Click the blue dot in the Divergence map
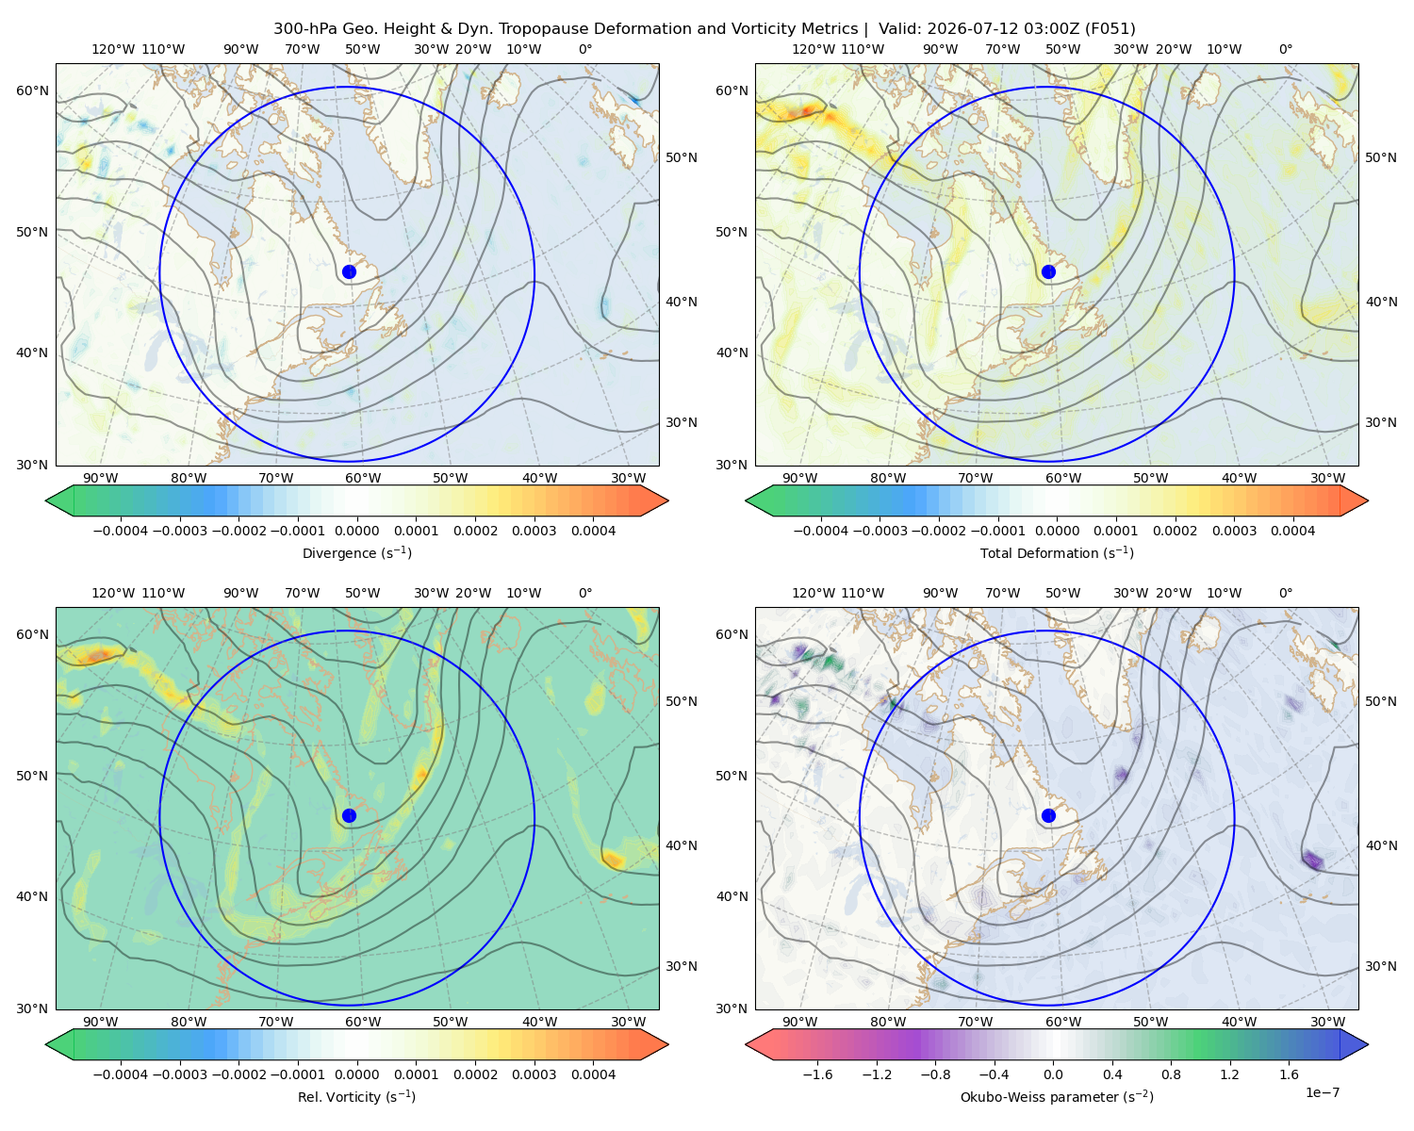[349, 271]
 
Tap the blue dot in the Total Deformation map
[1048, 271]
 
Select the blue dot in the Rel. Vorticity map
[349, 815]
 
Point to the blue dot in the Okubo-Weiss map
[1048, 815]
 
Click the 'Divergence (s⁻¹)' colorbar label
[356, 552]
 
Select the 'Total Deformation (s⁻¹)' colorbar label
[1057, 552]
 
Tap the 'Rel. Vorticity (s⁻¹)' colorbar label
[356, 1096]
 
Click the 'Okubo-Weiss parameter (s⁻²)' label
[1057, 1096]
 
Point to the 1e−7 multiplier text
[1322, 1092]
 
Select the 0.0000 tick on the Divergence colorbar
[356, 531]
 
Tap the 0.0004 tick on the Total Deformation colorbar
[1293, 531]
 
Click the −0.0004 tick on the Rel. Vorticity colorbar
[121, 1074]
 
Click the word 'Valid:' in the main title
[900, 29]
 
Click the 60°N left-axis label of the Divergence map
[32, 90]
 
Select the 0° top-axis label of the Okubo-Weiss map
[1285, 593]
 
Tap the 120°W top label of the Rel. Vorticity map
[113, 593]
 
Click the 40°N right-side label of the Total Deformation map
[1381, 302]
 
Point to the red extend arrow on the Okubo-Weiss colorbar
[758, 1044]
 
